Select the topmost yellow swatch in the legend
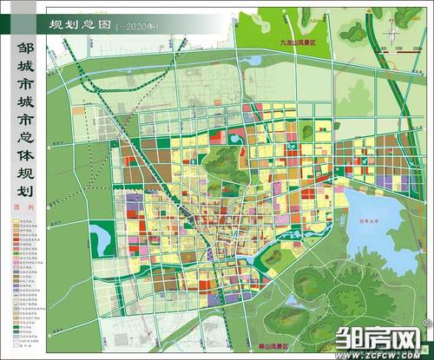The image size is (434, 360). click(x=19, y=223)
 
